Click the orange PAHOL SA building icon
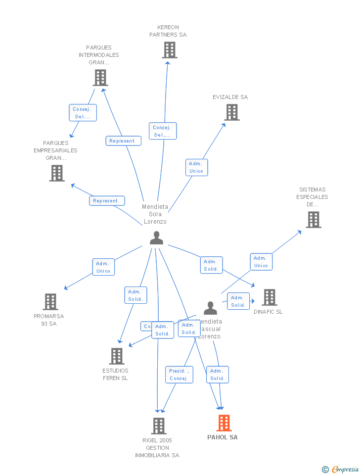coord(224,423)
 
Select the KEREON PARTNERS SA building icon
coord(170,50)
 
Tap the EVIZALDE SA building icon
coord(232,112)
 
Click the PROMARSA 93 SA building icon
coord(50,301)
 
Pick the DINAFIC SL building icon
coord(270,297)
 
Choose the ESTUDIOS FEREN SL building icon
coord(117,356)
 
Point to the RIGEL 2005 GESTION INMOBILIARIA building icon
coord(159,426)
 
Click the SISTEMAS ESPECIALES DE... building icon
coord(314,219)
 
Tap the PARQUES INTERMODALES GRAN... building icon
coord(100,78)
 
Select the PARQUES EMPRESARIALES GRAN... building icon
coord(57,173)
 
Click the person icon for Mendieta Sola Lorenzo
coord(156,238)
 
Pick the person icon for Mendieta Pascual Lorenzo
coord(210,308)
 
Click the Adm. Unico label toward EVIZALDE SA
coord(196,167)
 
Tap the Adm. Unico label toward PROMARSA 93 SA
coord(103,267)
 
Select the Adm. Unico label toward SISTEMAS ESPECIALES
coord(261,262)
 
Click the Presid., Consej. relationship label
coord(179,375)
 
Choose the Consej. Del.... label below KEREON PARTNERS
coord(162,131)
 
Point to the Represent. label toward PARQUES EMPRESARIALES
coord(106,201)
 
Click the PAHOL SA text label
coord(223,437)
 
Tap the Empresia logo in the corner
coord(341,469)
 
